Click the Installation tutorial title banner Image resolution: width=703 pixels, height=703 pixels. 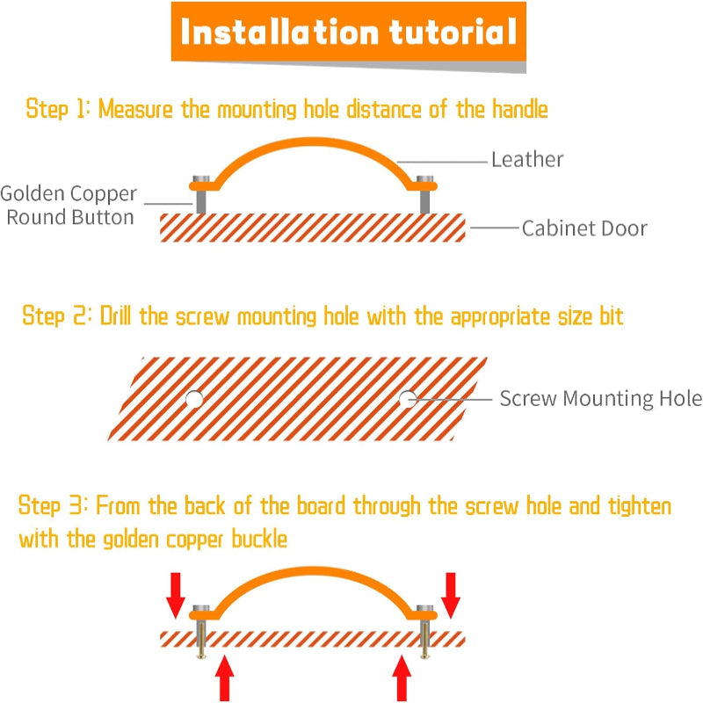tap(348, 32)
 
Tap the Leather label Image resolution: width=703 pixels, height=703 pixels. tap(527, 159)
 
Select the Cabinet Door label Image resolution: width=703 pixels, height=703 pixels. tap(584, 228)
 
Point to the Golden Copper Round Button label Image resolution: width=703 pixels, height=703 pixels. tap(69, 206)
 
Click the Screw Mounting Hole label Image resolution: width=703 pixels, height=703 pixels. tap(601, 399)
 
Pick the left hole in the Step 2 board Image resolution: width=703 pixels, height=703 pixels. tap(194, 399)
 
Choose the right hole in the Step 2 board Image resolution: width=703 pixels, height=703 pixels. tap(408, 399)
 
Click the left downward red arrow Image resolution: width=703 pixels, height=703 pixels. tap(175, 596)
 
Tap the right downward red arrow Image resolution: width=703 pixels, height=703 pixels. tap(451, 596)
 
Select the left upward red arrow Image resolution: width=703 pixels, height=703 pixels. tap(225, 678)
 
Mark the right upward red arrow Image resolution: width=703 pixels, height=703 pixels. tap(402, 678)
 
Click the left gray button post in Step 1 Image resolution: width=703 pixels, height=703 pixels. tap(201, 195)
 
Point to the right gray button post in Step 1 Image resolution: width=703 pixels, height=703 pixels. tap(424, 195)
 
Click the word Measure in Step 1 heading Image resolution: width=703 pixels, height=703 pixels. tap(135, 109)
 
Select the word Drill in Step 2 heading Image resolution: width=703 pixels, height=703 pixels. tap(115, 315)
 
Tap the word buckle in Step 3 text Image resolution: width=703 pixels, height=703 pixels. tap(259, 539)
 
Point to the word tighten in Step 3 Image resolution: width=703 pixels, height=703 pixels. tap(640, 506)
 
